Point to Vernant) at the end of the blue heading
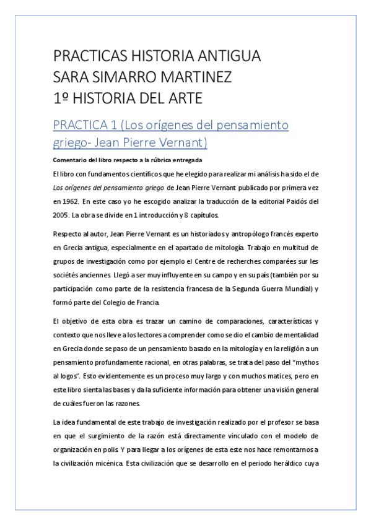[182, 143]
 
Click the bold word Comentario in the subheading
[68, 160]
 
